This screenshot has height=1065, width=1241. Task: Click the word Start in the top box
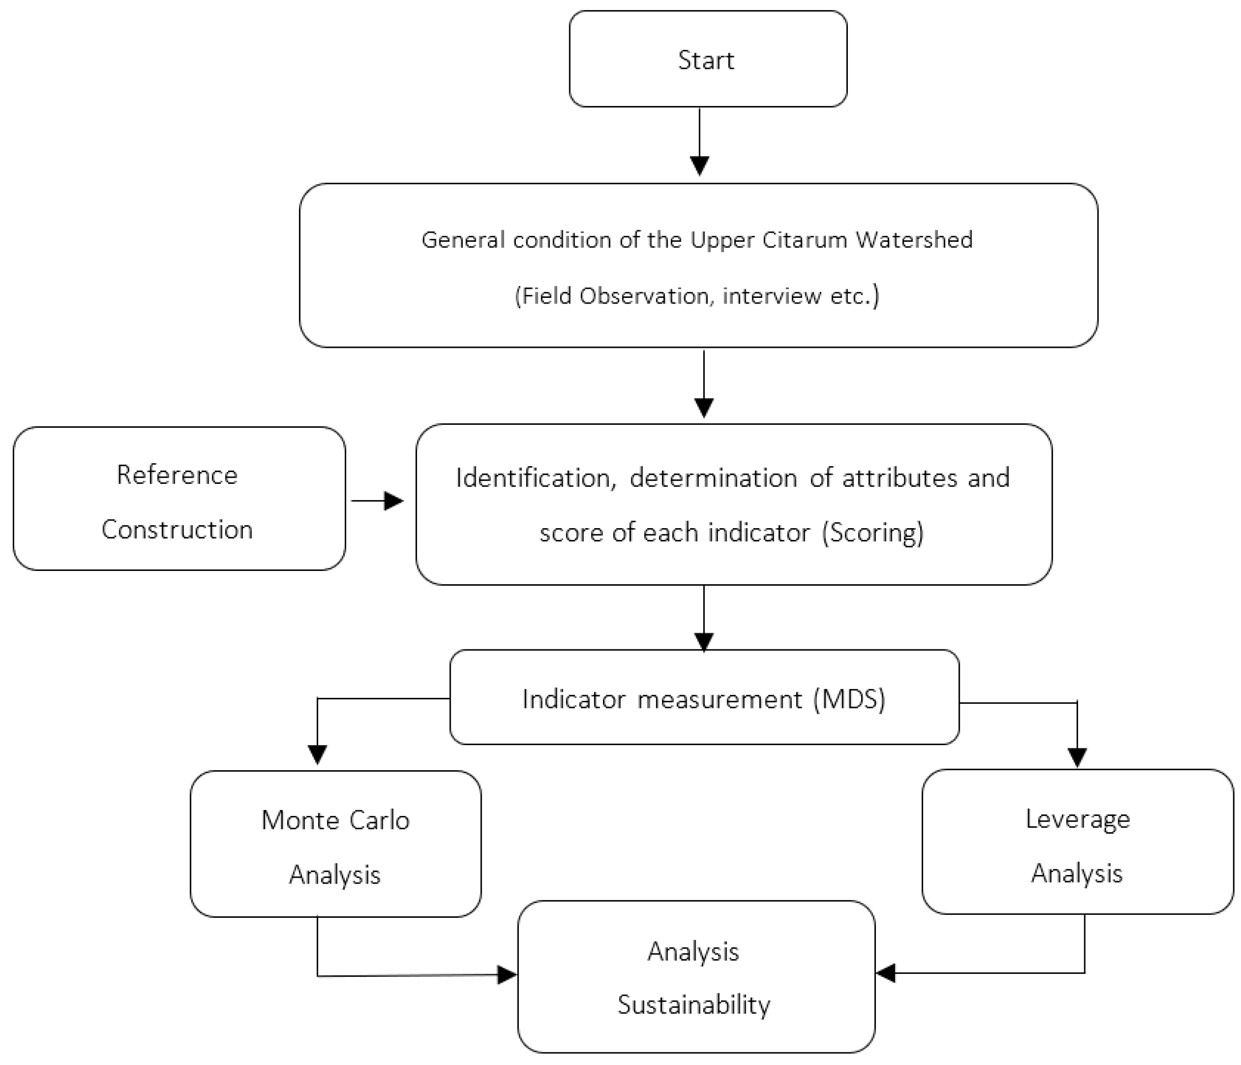pyautogui.click(x=706, y=61)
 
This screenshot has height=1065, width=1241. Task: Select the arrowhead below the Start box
pyautogui.click(x=700, y=165)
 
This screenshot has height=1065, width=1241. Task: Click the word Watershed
pyautogui.click(x=914, y=239)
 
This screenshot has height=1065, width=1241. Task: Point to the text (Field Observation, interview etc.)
pyautogui.click(x=697, y=296)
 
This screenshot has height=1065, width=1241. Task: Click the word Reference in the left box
pyautogui.click(x=177, y=475)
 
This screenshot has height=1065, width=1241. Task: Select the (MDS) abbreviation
pyautogui.click(x=849, y=699)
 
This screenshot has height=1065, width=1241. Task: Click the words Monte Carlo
pyautogui.click(x=336, y=820)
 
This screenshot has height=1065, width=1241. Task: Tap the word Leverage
pyautogui.click(x=1078, y=819)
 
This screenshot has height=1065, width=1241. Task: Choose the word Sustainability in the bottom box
pyautogui.click(x=694, y=1004)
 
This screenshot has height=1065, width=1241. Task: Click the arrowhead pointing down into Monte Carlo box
pyautogui.click(x=317, y=753)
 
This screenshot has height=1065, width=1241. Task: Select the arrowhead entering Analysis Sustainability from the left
pyautogui.click(x=507, y=975)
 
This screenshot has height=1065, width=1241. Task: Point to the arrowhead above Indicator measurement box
pyautogui.click(x=704, y=642)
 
